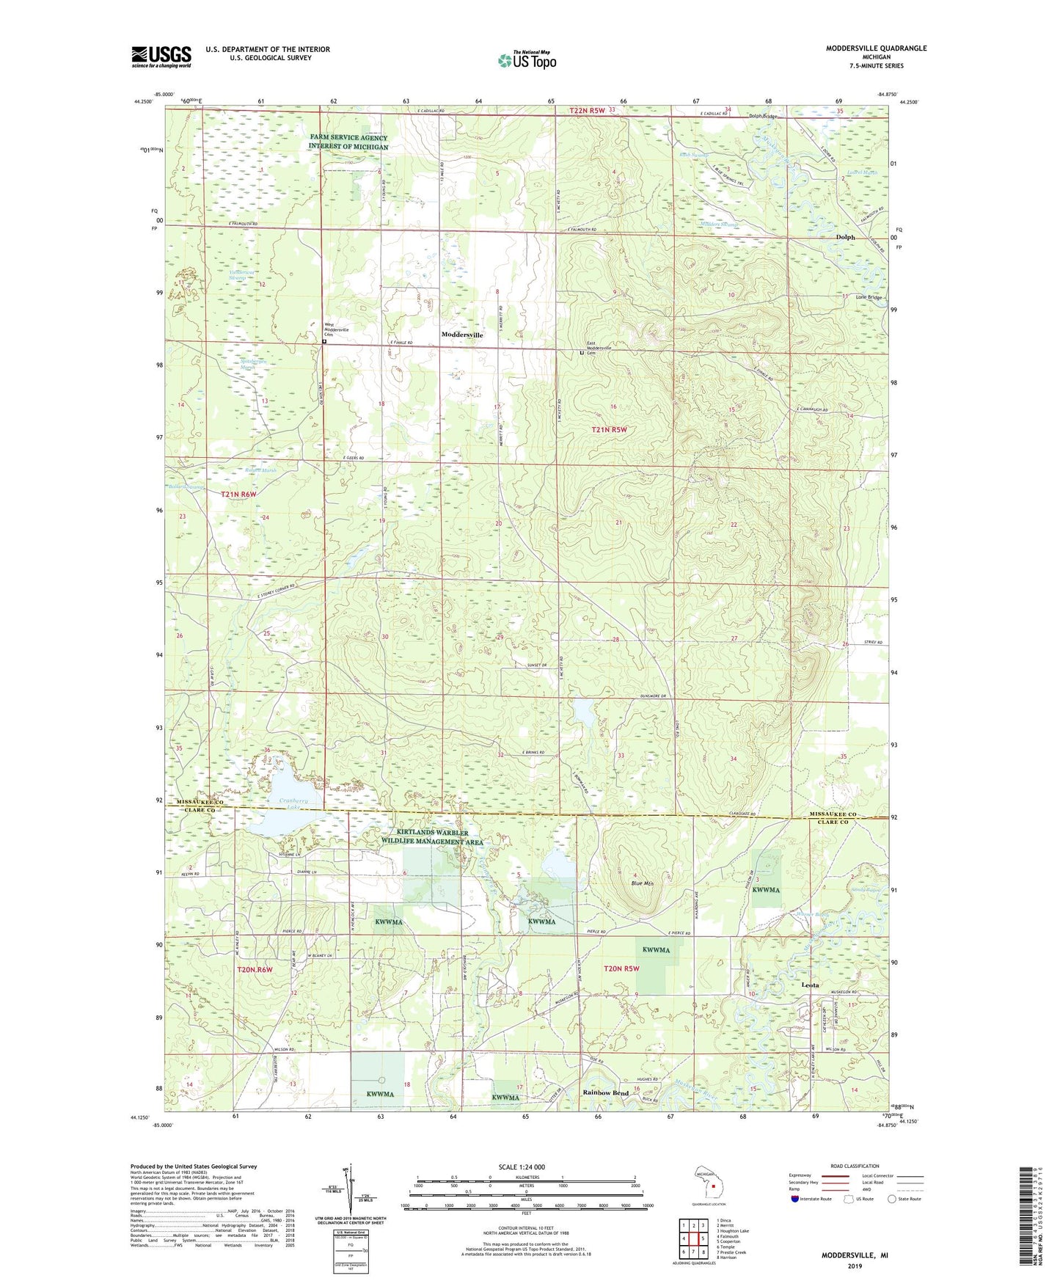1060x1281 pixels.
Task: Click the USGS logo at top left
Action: click(161, 56)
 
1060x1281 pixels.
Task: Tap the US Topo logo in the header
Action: click(527, 60)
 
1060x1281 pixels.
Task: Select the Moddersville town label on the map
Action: click(462, 335)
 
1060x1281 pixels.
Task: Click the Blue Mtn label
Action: click(643, 883)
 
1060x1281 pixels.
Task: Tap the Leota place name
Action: click(810, 985)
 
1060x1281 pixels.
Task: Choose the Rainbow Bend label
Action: click(605, 1092)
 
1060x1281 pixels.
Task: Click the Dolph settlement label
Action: click(847, 237)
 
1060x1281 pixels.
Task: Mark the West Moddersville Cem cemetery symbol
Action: click(324, 341)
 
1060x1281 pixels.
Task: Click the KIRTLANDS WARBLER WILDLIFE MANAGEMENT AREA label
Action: click(432, 837)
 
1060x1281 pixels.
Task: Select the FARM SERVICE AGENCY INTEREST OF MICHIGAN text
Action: click(348, 142)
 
